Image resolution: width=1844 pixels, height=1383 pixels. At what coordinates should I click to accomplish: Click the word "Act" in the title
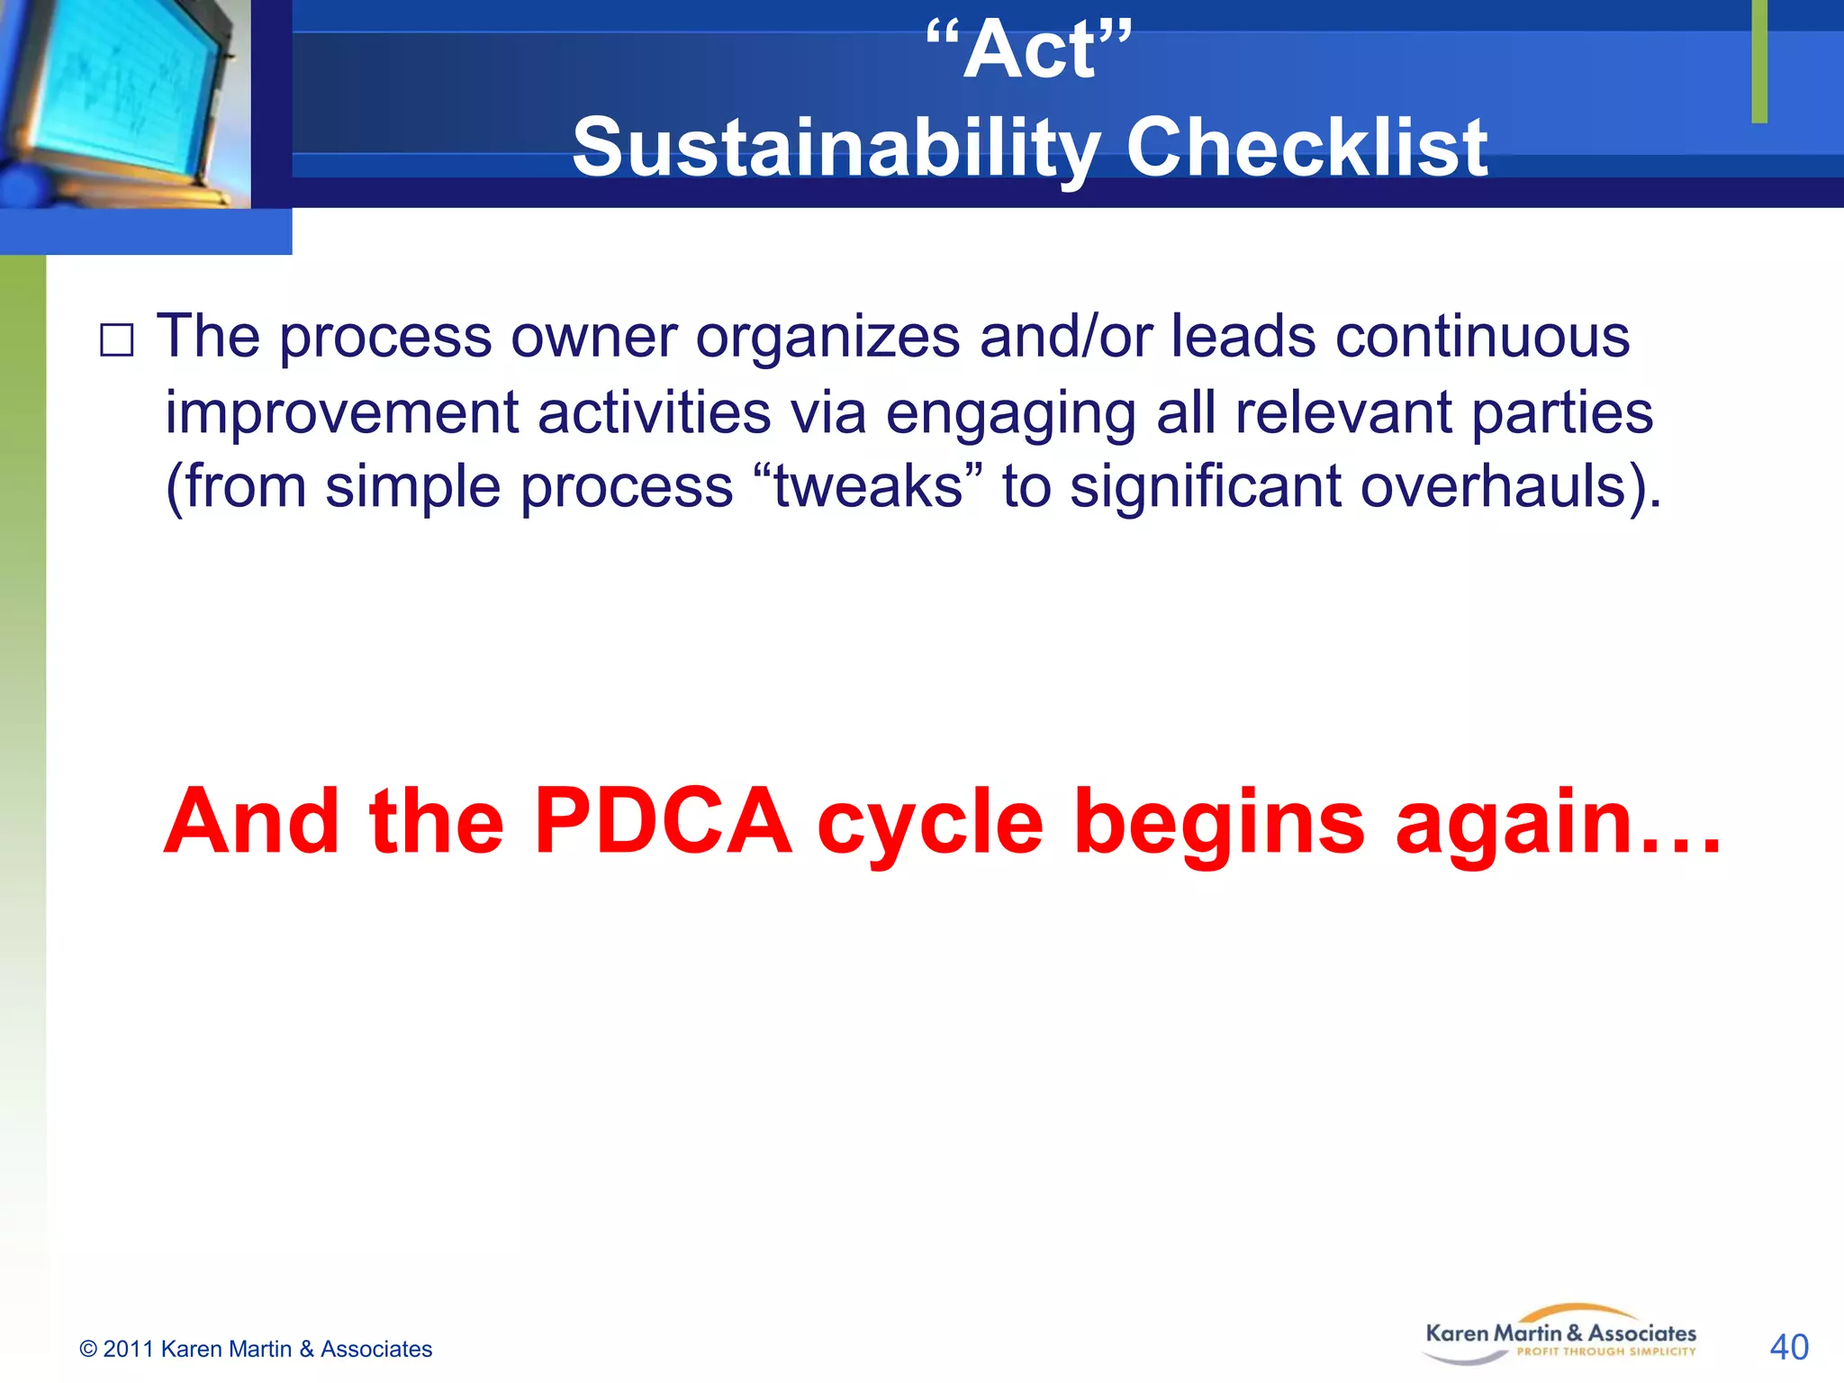[x=1029, y=52]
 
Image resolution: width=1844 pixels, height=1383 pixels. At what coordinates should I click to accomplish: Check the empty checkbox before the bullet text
[x=116, y=341]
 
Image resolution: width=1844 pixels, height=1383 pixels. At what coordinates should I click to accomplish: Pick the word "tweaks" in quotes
[x=869, y=487]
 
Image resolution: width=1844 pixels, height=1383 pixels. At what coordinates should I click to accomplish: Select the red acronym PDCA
[x=663, y=822]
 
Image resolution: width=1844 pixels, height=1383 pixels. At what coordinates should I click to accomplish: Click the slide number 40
[x=1788, y=1347]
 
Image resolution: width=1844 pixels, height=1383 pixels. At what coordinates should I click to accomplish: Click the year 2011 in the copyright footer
[x=129, y=1349]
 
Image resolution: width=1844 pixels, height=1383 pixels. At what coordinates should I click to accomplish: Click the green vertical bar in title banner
[x=1758, y=61]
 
